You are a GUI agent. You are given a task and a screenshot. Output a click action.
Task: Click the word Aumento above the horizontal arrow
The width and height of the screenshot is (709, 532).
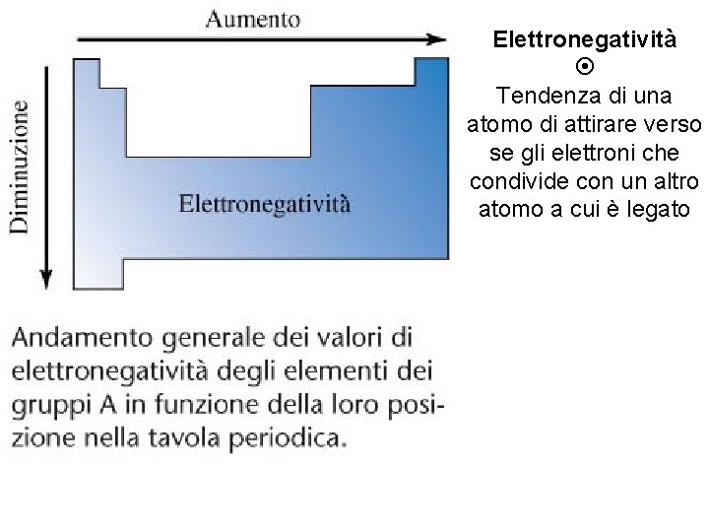pos(253,19)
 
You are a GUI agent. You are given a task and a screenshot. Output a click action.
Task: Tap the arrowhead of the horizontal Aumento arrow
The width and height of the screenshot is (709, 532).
pos(437,39)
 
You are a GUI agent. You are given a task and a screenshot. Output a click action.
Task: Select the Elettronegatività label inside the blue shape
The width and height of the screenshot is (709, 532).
pos(264,205)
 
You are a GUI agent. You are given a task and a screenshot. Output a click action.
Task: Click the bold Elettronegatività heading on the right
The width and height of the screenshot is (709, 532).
pos(584,39)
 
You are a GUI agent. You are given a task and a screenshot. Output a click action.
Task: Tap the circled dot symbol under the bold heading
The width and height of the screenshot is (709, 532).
pos(584,68)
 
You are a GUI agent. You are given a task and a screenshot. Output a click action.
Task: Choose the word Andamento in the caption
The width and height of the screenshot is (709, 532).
pos(77,338)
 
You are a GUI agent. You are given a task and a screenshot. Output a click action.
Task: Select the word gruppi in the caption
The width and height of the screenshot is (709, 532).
pos(46,406)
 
